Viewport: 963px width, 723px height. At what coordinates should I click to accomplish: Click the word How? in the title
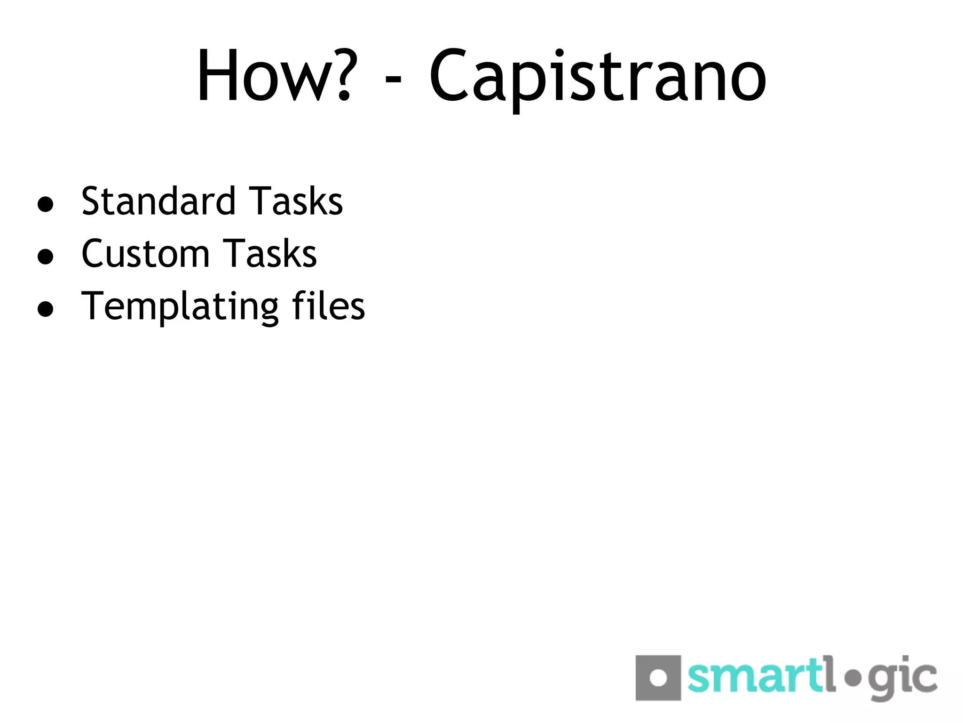pyautogui.click(x=274, y=75)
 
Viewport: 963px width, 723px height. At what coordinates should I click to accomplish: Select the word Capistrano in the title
pyautogui.click(x=598, y=78)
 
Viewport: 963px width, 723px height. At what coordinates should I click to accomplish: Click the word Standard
pyautogui.click(x=158, y=201)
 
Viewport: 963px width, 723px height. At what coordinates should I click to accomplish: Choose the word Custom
pyautogui.click(x=145, y=254)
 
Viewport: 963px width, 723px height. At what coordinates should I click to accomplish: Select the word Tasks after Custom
pyautogui.click(x=270, y=254)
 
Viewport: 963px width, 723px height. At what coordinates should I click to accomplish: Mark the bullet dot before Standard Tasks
pyautogui.click(x=45, y=205)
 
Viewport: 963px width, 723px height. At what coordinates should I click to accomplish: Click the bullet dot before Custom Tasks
pyautogui.click(x=45, y=257)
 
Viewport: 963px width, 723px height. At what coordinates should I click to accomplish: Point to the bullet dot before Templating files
pyautogui.click(x=45, y=309)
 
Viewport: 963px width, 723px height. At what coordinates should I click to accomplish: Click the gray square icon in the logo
pyautogui.click(x=658, y=677)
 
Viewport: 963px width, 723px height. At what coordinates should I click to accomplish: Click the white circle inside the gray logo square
pyautogui.click(x=658, y=678)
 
